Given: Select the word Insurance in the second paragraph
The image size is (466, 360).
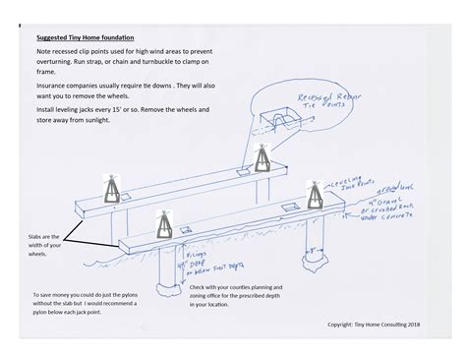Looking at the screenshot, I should (54, 87).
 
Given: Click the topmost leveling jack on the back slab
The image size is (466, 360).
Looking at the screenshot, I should (262, 157).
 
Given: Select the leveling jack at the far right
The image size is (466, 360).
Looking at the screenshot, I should (316, 195).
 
